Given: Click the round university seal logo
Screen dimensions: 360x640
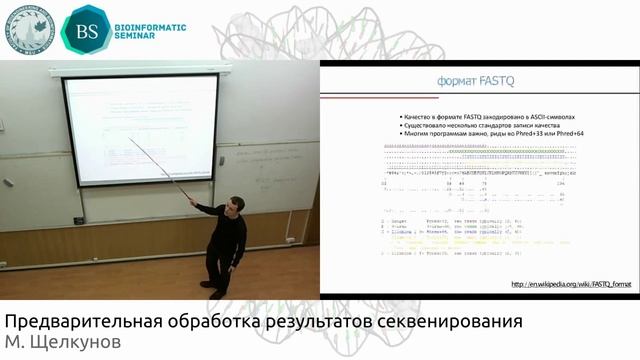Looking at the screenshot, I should click(x=30, y=29).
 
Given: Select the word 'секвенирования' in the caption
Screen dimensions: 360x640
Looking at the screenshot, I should click(x=449, y=323).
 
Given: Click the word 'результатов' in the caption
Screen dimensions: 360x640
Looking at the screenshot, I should click(x=312, y=323).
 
